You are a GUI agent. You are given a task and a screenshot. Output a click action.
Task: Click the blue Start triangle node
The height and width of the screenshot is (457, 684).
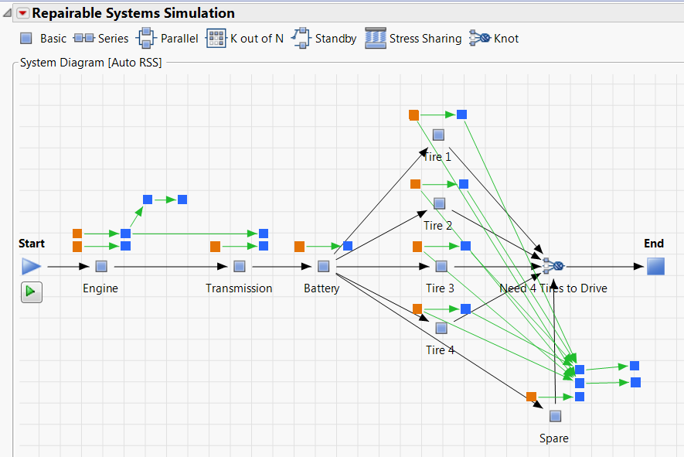click(31, 267)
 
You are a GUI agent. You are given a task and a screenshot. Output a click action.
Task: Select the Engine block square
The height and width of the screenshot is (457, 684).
click(100, 267)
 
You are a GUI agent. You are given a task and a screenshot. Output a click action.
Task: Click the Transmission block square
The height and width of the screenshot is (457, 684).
click(240, 267)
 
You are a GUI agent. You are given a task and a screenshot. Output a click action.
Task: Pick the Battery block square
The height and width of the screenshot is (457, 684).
click(324, 267)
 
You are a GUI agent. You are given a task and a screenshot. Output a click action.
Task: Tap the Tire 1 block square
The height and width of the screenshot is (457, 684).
click(438, 135)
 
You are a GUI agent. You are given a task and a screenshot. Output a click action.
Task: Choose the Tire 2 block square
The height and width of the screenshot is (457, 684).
click(439, 203)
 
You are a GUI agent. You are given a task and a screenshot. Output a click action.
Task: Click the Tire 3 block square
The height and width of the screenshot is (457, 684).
click(441, 267)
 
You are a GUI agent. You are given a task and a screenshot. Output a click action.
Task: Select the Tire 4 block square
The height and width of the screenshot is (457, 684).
click(441, 328)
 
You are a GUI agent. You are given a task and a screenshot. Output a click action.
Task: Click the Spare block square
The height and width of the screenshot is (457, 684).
click(555, 416)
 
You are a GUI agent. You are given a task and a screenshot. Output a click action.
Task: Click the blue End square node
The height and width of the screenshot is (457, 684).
click(655, 267)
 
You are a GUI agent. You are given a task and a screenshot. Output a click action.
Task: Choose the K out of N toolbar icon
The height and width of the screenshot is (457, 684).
click(216, 38)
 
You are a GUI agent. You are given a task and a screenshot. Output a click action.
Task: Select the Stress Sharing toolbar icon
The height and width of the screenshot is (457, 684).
click(375, 38)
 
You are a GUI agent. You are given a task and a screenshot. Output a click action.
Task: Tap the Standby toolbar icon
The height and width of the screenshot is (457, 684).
click(301, 38)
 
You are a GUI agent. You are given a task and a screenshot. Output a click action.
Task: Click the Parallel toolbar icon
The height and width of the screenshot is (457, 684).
click(146, 38)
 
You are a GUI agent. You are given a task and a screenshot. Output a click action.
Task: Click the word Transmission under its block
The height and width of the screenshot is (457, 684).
click(239, 288)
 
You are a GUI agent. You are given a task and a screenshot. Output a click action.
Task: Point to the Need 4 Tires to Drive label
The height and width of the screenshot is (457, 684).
click(553, 288)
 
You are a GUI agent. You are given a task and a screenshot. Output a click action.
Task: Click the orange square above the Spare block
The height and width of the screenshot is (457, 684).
click(531, 397)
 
